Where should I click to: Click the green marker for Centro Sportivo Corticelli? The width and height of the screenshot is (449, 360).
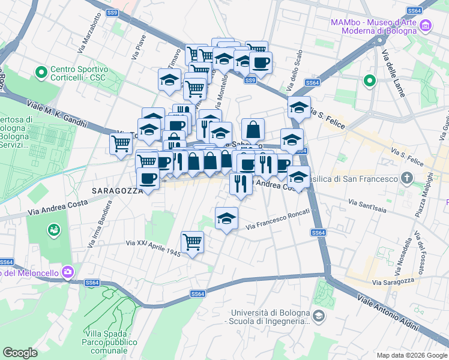41,73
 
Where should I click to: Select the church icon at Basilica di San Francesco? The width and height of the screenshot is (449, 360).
408,178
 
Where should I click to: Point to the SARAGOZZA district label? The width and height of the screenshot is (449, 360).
116,190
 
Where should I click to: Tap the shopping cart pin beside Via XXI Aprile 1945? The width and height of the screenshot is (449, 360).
193,242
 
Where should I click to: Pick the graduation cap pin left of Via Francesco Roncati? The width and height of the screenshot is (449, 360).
226,219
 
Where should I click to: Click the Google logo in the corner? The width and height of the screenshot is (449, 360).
20,353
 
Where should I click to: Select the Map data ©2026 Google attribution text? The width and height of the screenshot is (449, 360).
411,355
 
